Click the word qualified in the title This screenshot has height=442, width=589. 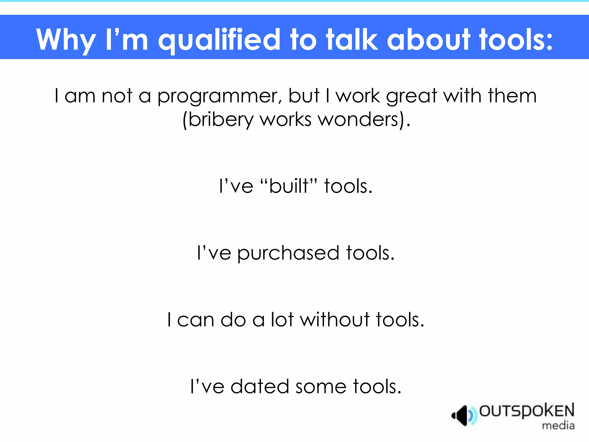coord(219,40)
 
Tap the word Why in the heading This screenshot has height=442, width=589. coord(66,40)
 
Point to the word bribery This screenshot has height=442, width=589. coord(220,120)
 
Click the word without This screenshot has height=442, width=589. coord(334,320)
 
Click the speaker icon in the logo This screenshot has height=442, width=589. coord(462,416)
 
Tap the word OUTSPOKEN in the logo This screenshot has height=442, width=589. coord(527,411)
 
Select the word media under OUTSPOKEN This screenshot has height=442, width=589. coord(558,425)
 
